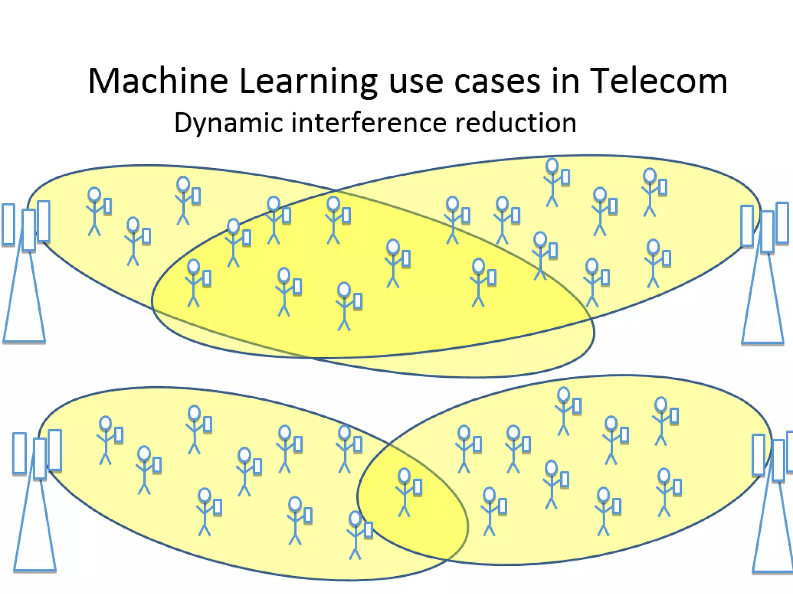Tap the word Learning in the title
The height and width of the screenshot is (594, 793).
click(308, 82)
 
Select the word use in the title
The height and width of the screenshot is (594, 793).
click(415, 82)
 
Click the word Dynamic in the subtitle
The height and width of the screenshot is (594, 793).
click(228, 123)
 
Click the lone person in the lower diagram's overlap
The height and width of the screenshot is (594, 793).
click(405, 493)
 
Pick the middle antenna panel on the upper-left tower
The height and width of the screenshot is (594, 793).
click(29, 230)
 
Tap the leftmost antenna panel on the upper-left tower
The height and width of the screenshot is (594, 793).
click(9, 225)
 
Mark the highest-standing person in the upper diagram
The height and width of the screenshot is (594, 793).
click(553, 182)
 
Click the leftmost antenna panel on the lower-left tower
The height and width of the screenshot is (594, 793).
click(19, 453)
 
